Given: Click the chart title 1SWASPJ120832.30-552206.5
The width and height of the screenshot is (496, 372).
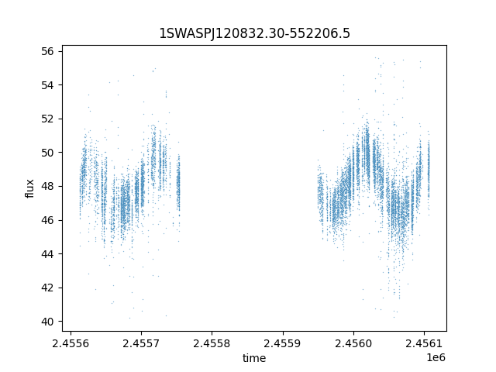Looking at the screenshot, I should click(254, 33).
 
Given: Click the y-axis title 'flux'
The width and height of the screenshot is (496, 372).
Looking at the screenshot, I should click(30, 188).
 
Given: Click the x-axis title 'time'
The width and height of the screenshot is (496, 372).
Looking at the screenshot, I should click(254, 358).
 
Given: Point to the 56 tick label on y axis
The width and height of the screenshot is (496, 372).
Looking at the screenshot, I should click(48, 51).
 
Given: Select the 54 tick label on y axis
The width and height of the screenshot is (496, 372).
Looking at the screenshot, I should click(48, 84).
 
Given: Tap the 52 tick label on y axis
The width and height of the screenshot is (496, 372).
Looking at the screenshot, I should click(48, 119).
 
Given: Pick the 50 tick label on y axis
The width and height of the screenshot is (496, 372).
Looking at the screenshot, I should click(48, 153).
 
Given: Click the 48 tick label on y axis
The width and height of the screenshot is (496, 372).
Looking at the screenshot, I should click(48, 186).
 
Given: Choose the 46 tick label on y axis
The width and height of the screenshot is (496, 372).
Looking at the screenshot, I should click(48, 220).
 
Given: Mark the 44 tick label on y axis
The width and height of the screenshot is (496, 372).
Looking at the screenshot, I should click(48, 254).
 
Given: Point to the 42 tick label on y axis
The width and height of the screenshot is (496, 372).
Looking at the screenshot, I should click(48, 288).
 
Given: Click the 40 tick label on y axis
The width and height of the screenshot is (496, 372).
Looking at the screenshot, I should click(48, 322).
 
